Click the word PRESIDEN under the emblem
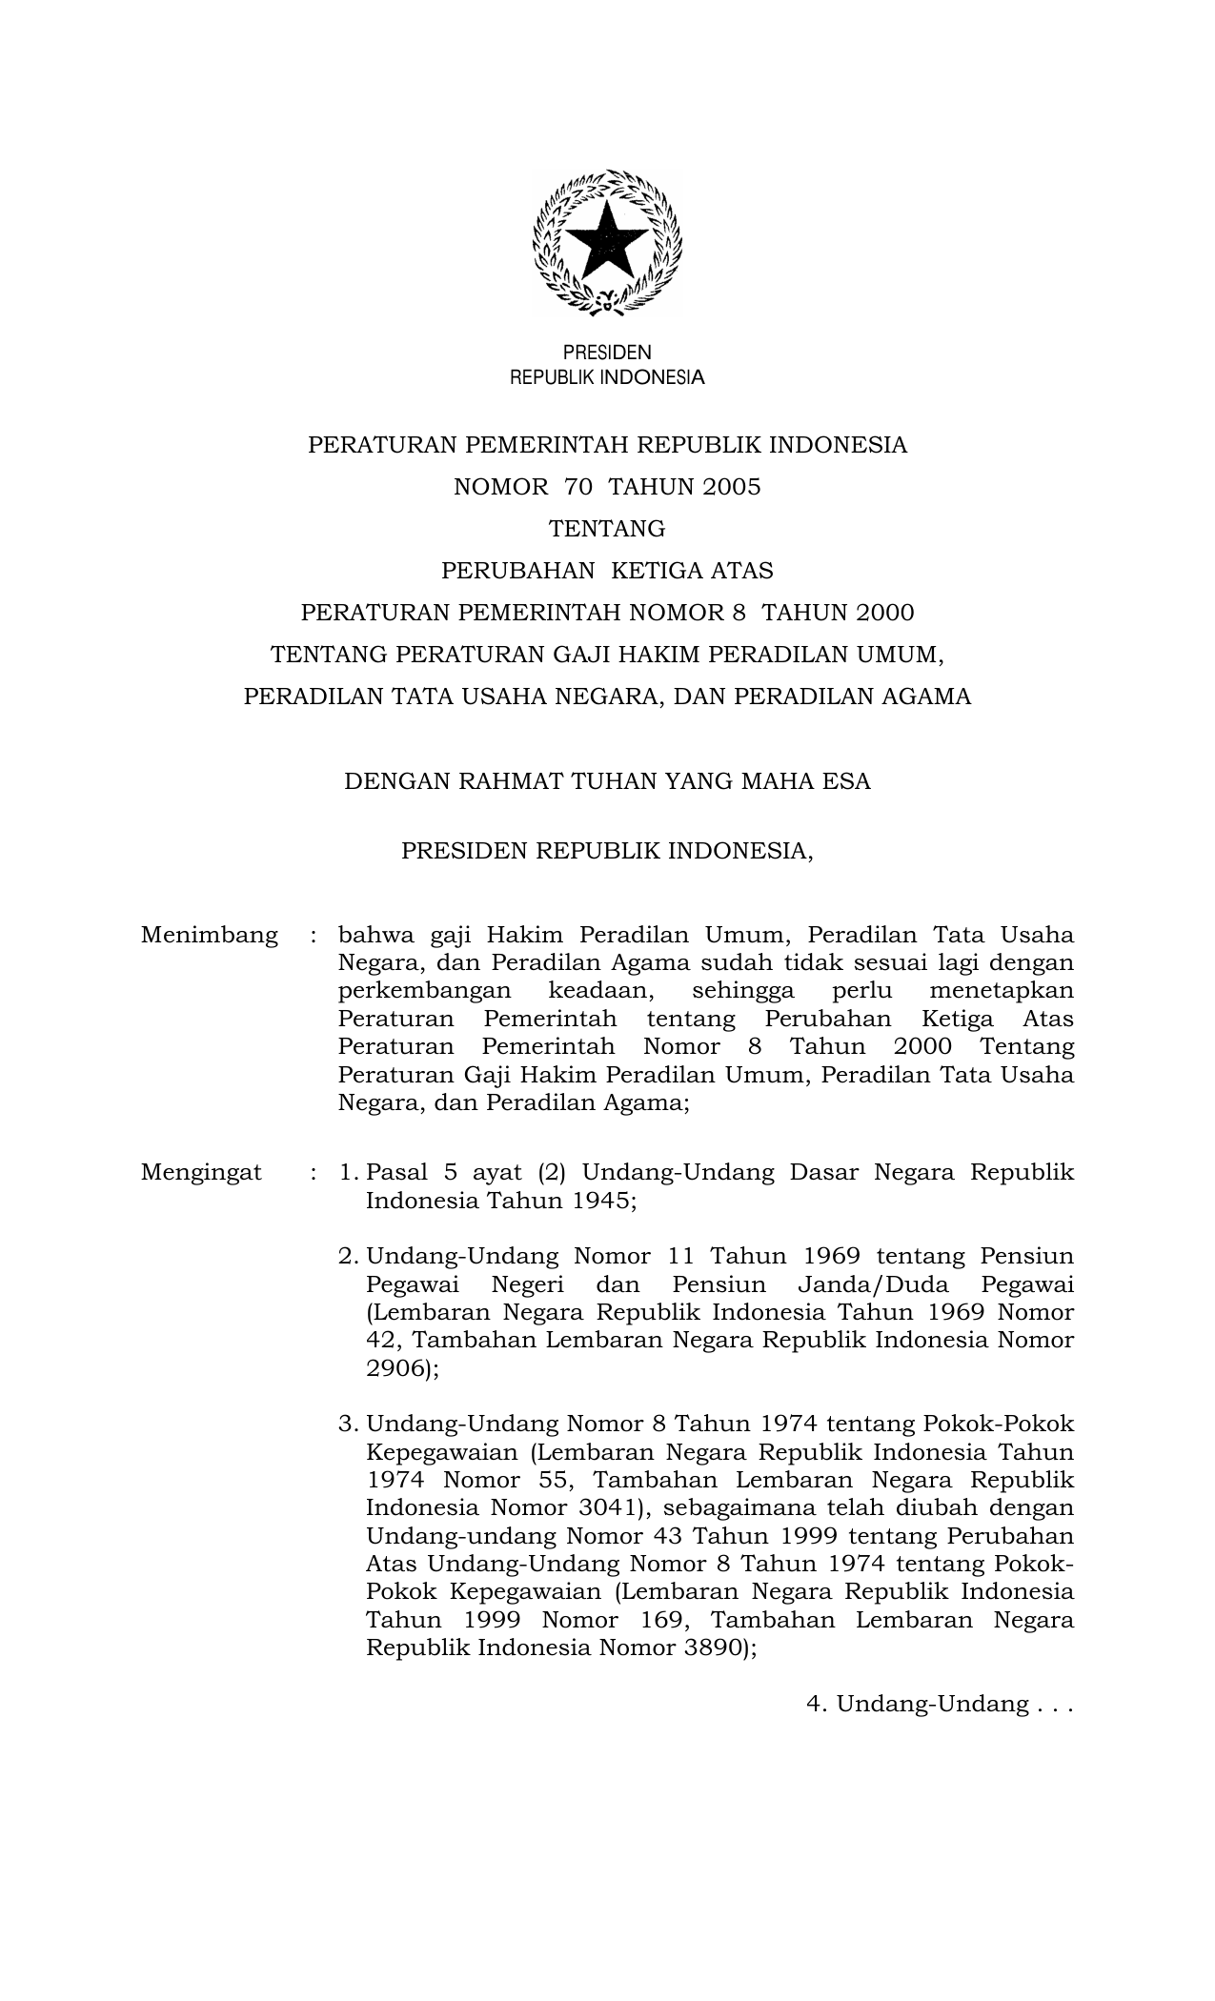tap(607, 353)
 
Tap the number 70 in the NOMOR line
tap(578, 488)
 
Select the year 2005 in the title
tap(732, 488)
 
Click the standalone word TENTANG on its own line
tap(607, 529)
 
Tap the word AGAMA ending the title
tap(926, 697)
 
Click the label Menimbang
tap(210, 935)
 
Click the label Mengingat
tap(201, 1172)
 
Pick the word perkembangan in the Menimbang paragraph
tap(424, 991)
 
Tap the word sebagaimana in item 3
tap(738, 1508)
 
